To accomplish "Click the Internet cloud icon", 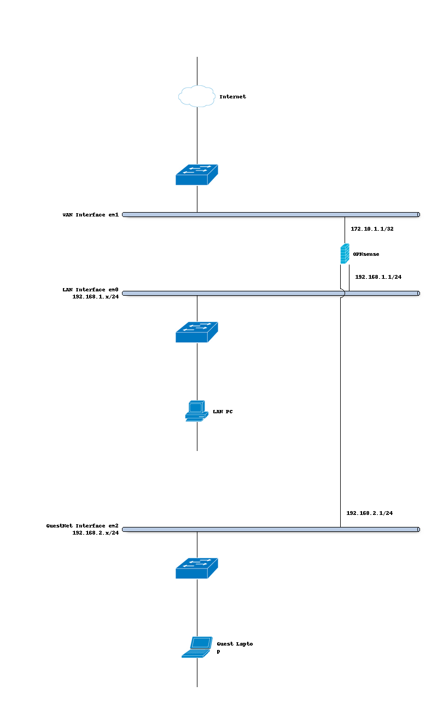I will pos(196,96).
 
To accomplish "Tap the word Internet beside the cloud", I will pos(232,97).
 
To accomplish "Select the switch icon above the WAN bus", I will pos(196,174).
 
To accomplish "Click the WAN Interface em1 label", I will pos(90,215).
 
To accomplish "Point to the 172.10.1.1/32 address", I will pos(372,229).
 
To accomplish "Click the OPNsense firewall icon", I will pos(345,254).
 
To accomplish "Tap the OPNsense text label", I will pos(366,254).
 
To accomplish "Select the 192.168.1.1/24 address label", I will pos(378,277).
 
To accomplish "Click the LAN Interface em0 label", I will pos(90,290).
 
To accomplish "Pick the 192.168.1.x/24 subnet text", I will pos(95,297).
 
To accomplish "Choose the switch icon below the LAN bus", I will pos(196,332).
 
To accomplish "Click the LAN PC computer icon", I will pos(196,411).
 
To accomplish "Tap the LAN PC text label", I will pos(222,412).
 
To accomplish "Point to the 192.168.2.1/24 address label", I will pos(369,513).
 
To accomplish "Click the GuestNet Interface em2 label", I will pos(82,526).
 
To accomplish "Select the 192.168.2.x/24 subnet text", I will pos(95,532).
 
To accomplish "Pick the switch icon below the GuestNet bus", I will pos(196,568).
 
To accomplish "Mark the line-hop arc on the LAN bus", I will pos(341,294).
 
